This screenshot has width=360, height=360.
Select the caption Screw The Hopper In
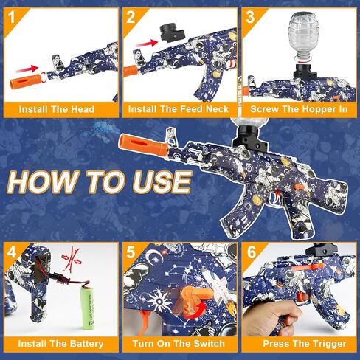[x=300, y=110]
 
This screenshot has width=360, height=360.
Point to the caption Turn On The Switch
[x=179, y=344]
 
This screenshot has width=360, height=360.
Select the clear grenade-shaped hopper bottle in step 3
[x=302, y=37]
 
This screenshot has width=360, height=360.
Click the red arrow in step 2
[x=145, y=44]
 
